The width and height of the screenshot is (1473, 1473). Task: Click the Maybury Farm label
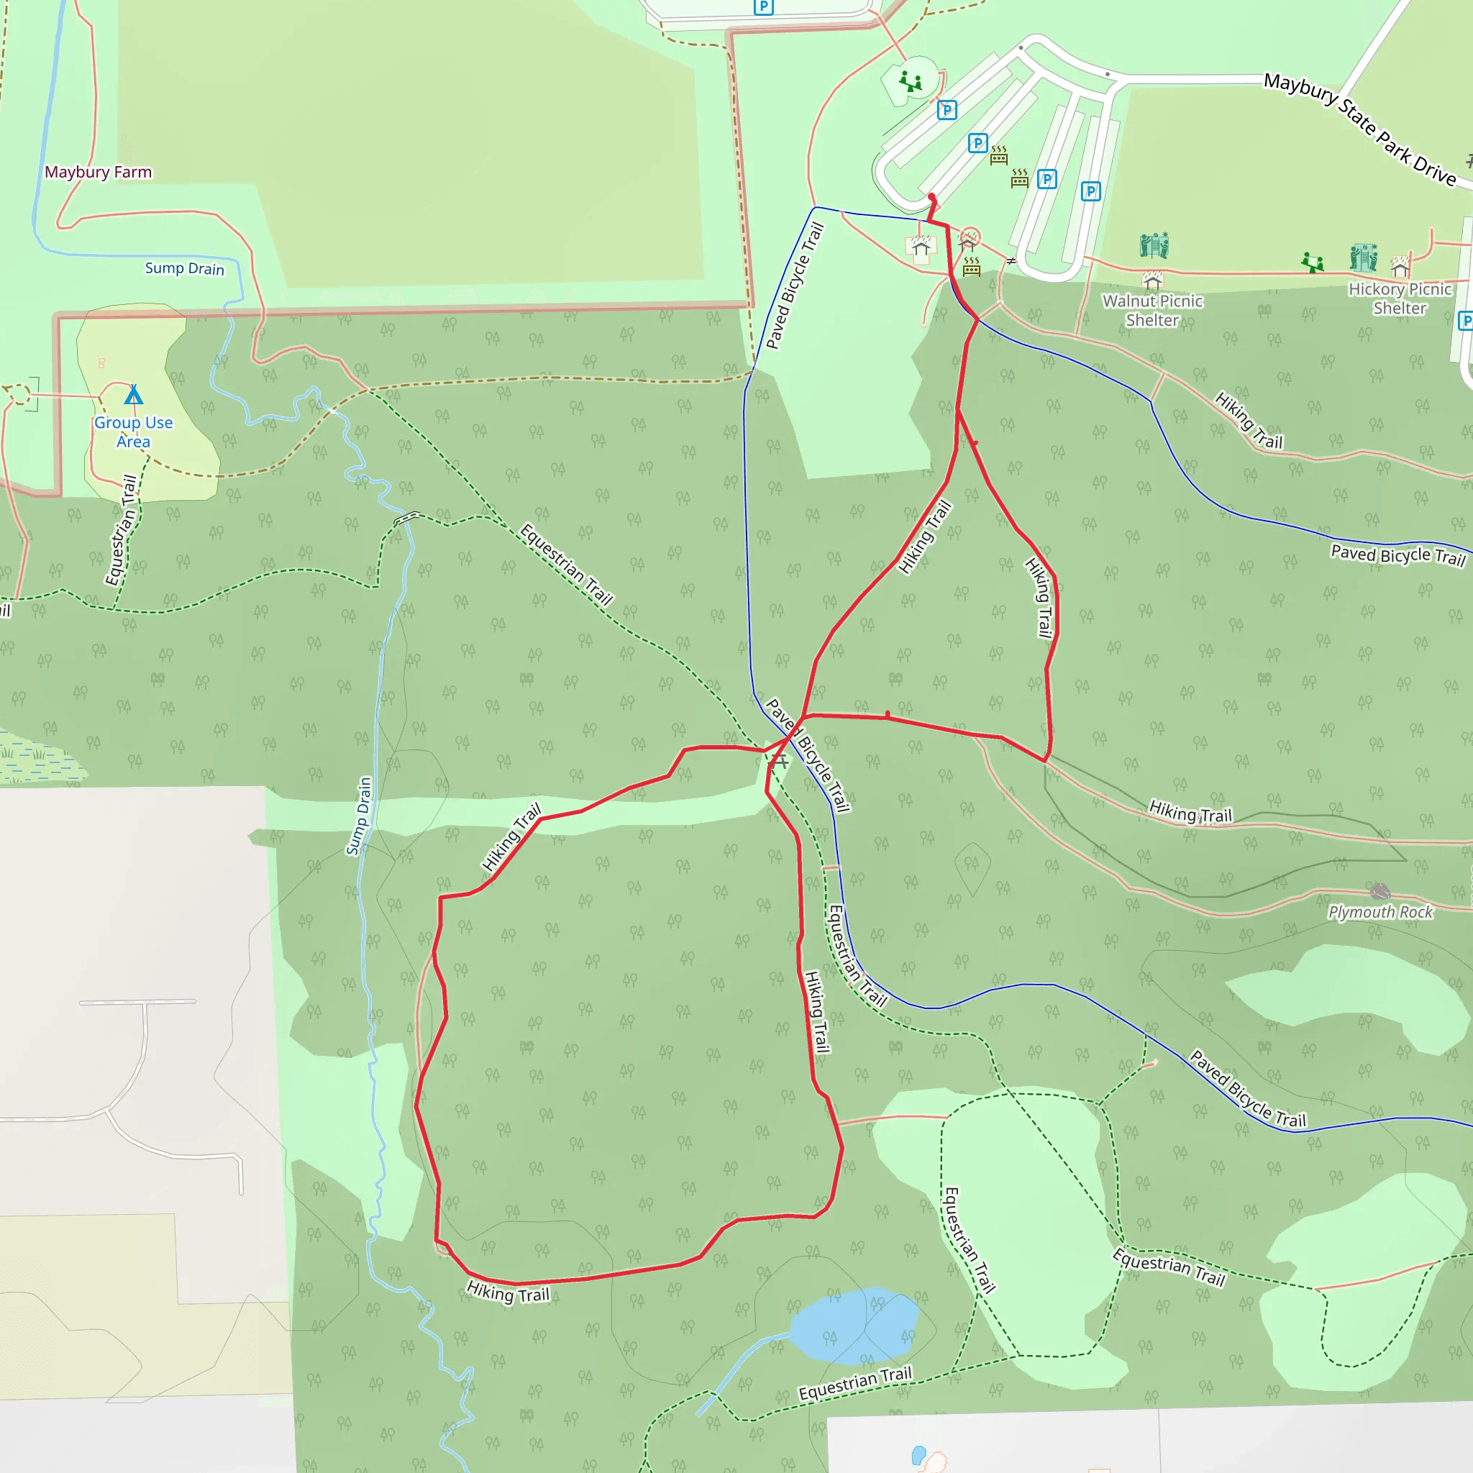98,173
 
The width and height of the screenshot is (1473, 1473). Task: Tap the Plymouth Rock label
1380,912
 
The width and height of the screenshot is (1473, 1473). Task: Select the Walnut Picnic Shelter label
1152,310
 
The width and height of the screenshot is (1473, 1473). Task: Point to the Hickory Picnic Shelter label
1399,298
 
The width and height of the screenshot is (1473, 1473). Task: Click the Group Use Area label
134,432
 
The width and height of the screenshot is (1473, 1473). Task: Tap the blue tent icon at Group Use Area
134,394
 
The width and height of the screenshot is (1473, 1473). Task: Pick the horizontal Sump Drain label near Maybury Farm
185,268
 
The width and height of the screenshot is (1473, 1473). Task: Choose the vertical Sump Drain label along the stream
359,816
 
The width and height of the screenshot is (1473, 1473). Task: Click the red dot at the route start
931,198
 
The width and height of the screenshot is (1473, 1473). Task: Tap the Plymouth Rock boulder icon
1380,890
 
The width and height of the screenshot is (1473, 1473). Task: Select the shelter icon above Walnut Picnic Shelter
1152,280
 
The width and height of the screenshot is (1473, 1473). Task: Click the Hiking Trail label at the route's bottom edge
508,1292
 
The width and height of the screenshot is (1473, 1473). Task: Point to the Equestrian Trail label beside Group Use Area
122,531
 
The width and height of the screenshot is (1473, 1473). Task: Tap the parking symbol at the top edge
763,7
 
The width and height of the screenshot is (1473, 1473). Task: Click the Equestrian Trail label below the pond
854,1383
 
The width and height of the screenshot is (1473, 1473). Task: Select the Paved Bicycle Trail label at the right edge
1397,555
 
